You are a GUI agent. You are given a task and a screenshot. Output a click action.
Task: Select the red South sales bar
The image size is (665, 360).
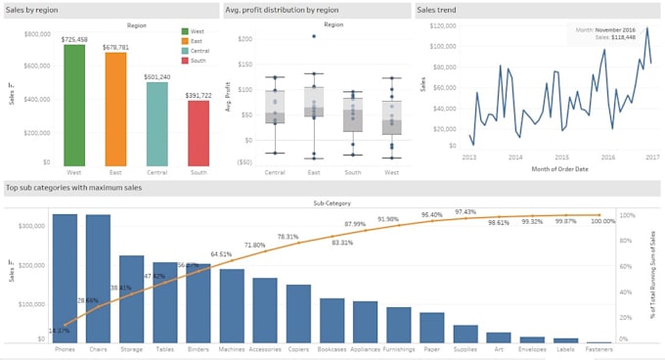[198, 132]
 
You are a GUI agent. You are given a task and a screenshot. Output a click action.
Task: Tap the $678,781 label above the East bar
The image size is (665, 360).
[116, 45]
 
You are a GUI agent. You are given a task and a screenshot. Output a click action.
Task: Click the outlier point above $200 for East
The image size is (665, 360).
[314, 36]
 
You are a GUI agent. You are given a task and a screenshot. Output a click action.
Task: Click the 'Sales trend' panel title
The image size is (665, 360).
[440, 10]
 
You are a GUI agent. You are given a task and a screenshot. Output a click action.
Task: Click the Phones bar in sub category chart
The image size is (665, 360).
[65, 279]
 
